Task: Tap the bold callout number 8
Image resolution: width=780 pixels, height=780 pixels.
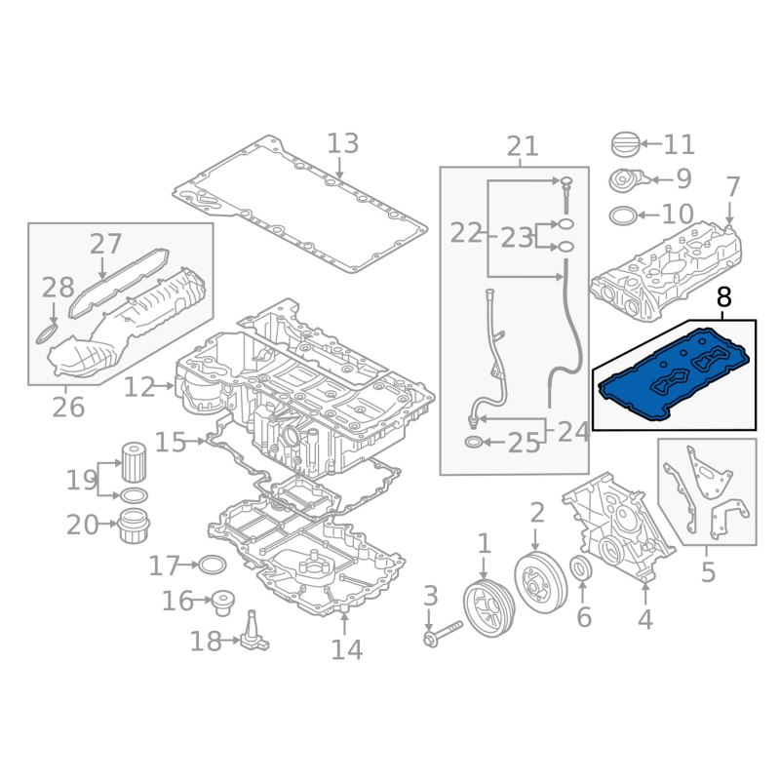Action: [724, 297]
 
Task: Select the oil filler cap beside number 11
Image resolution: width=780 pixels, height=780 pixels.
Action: [625, 144]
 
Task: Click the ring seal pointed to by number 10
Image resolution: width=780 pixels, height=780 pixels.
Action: [623, 215]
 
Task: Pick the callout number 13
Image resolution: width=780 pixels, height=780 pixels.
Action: [343, 143]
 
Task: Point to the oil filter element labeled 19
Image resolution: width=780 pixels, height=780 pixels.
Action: [135, 462]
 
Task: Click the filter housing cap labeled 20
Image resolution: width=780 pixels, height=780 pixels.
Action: [135, 526]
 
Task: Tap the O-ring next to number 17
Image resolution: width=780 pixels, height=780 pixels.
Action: [213, 565]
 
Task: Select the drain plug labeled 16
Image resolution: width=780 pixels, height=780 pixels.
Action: [222, 603]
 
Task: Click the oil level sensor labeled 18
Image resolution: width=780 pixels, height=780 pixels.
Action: [254, 632]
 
